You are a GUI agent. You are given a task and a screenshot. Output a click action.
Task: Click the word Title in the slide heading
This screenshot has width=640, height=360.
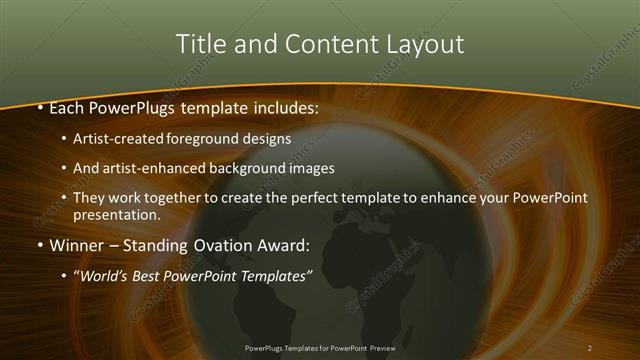[x=199, y=44]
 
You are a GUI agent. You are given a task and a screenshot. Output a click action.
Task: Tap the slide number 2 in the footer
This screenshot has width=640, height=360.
[x=589, y=348]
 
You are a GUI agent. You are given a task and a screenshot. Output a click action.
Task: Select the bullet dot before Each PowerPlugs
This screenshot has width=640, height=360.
[x=39, y=106]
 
